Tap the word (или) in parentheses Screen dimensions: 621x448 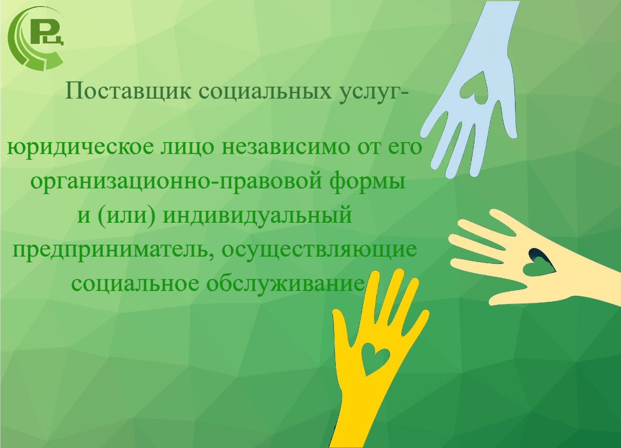pyautogui.click(x=126, y=216)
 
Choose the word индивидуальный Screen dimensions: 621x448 pyautogui.click(x=257, y=216)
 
